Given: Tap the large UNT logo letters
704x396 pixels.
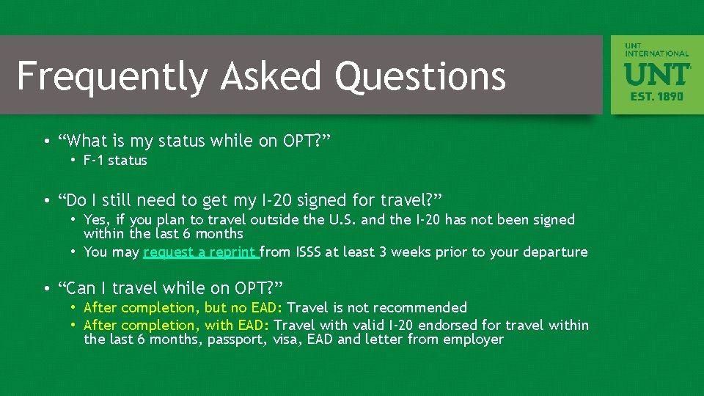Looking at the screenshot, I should (656, 74).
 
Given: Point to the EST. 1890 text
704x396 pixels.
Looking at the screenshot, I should (656, 96).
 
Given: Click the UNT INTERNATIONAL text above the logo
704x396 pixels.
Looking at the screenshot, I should (656, 50).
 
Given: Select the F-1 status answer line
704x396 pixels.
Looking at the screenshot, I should (115, 161).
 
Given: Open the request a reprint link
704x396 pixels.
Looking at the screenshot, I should (201, 252).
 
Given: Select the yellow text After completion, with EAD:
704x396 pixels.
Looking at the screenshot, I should (177, 325).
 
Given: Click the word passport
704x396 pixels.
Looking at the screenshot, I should (234, 340).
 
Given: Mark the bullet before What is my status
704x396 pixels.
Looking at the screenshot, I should (46, 141).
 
